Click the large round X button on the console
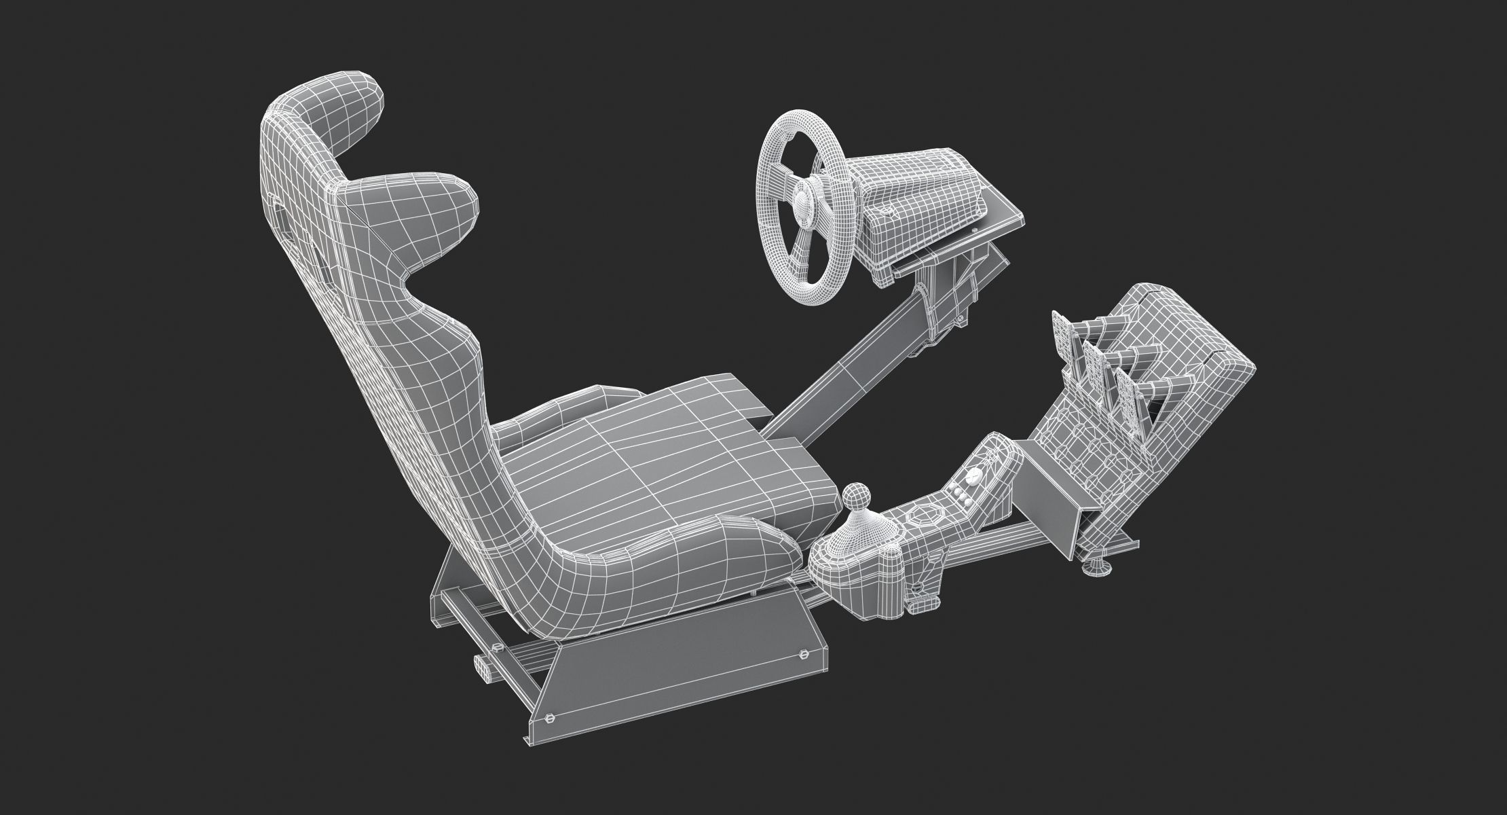tap(994, 452)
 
